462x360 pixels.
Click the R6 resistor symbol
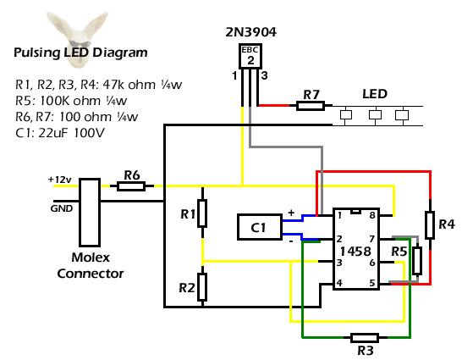pos(131,186)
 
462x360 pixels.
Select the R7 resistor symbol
pos(311,106)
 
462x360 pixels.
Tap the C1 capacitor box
pos(260,227)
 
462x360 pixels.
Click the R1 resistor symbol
pos(202,213)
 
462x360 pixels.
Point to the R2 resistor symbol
pos(202,287)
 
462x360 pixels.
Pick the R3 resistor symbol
pos(365,338)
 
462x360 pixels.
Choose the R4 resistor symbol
pos(430,225)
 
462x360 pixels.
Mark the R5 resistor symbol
pos(417,261)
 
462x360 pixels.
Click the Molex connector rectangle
pos(90,213)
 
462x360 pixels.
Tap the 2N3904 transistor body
pos(250,56)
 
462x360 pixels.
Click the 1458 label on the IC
pos(355,252)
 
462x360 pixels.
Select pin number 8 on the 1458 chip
pos(372,215)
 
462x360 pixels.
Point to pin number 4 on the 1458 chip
pos(339,283)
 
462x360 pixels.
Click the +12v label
pos(60,180)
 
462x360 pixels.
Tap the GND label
pos(62,208)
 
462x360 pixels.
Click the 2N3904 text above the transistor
pos(251,32)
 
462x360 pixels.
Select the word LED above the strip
pos(375,94)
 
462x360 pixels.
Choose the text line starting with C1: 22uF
pos(60,133)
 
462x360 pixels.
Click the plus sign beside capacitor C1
pos(291,213)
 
